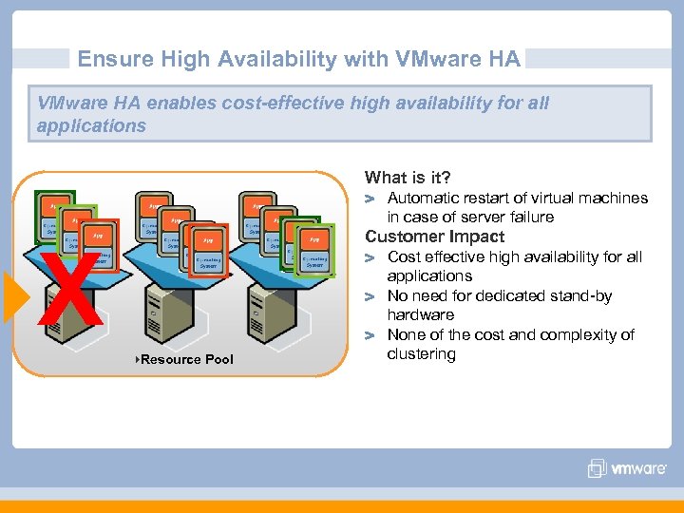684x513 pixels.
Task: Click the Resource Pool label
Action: (186, 359)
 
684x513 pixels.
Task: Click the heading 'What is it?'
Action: (408, 178)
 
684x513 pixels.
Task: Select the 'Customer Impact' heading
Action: (434, 237)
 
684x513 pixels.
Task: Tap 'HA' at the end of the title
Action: (503, 60)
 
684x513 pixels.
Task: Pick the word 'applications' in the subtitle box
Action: (91, 125)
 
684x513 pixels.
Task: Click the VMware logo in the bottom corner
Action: (627, 467)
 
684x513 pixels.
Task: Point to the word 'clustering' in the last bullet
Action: (421, 354)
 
